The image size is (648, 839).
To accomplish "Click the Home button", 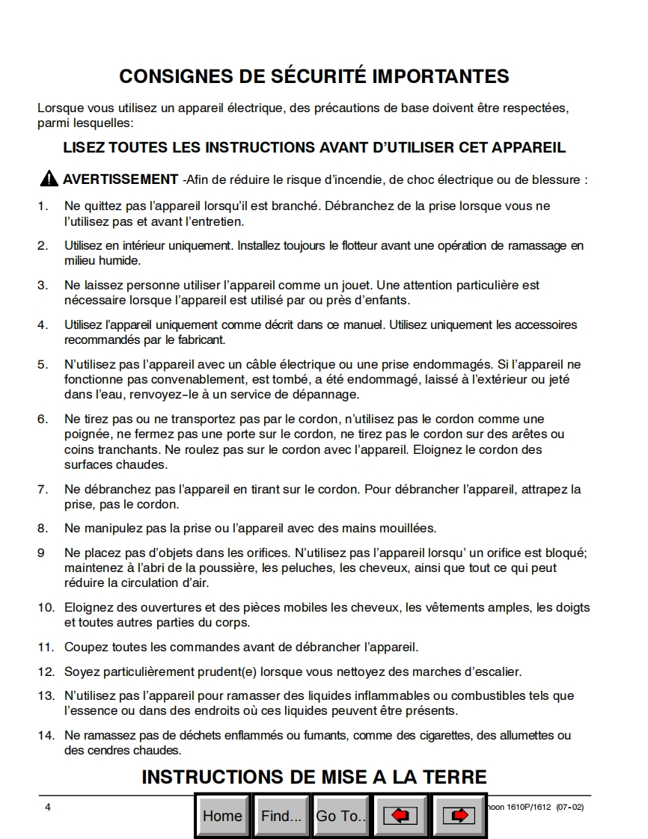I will (222, 816).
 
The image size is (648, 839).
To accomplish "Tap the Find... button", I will (281, 816).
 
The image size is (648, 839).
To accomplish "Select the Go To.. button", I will (340, 816).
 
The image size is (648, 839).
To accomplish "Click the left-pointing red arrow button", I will (400, 816).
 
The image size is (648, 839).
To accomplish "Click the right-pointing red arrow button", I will (459, 816).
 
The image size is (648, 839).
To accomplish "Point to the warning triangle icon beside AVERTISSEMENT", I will (49, 179).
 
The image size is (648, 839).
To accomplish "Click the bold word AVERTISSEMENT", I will (120, 179).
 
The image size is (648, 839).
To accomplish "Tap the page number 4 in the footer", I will (48, 807).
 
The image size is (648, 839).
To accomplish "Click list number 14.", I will (46, 736).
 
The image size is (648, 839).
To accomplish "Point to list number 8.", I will (43, 528).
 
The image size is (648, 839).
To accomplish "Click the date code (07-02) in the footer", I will (571, 807).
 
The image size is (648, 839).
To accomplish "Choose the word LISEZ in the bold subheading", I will (83, 147).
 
